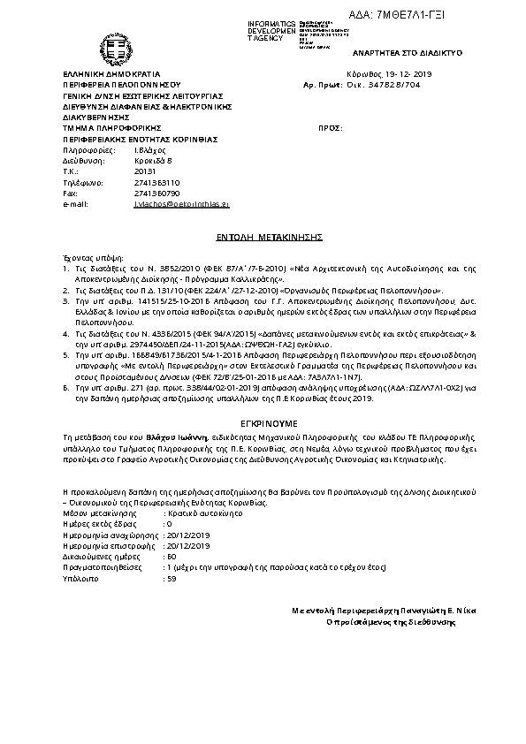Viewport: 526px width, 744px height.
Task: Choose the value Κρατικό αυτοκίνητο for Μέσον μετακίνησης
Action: [x=197, y=512]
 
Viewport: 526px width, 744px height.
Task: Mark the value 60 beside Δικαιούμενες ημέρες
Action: [x=172, y=557]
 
